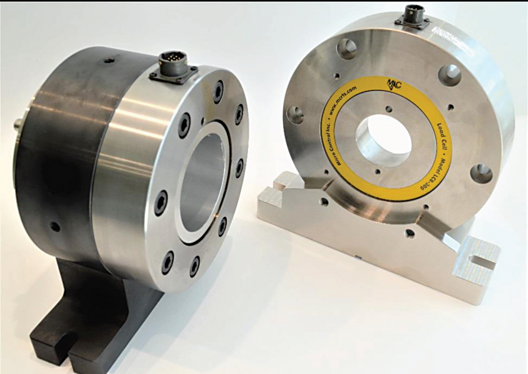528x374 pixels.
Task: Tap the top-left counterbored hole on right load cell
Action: coord(347,49)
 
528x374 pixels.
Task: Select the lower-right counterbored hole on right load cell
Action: coord(481,173)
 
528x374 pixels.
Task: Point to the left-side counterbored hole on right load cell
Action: coord(295,115)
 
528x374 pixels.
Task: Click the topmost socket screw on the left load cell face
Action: coord(218,91)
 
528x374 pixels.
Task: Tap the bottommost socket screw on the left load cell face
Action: coord(194,266)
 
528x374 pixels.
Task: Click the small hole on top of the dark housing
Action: coord(109,60)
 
